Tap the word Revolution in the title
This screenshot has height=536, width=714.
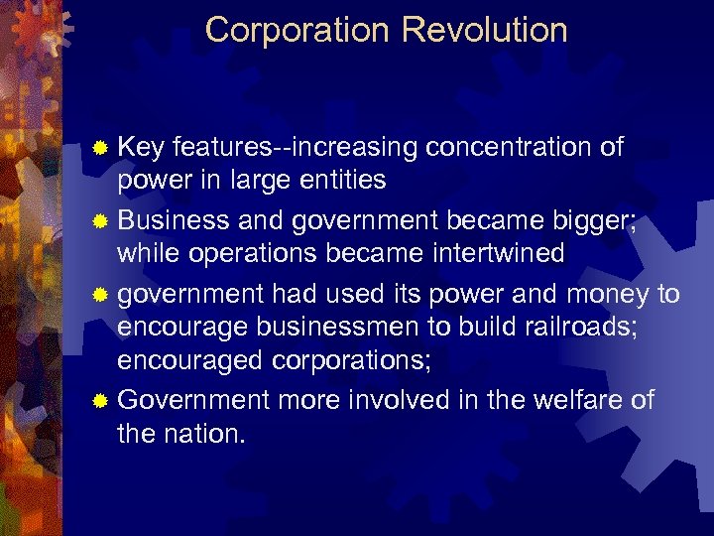[x=485, y=30]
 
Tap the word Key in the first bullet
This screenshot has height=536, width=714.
[x=141, y=148]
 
